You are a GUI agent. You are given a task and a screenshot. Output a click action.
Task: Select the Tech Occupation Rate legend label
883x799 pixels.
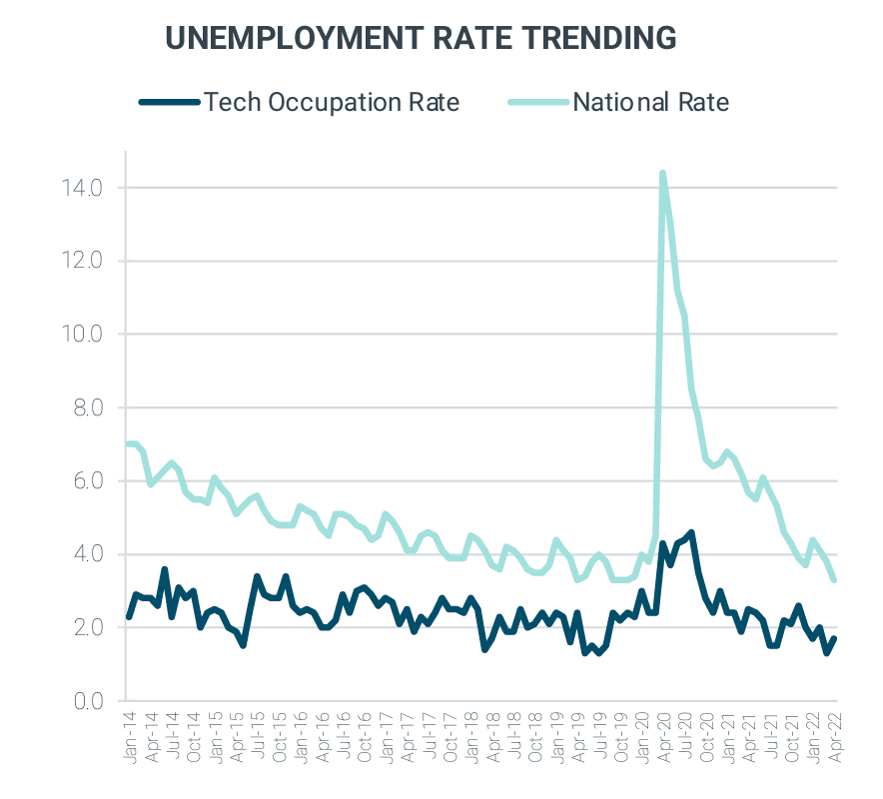coord(333,102)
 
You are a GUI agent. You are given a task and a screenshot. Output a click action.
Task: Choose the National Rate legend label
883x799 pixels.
coord(650,102)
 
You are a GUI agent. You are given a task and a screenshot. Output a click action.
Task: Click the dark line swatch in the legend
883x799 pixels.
coord(169,102)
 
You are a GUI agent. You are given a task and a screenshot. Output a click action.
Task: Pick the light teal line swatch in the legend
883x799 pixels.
coord(537,102)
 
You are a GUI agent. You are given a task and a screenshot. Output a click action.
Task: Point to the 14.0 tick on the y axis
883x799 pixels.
coord(82,188)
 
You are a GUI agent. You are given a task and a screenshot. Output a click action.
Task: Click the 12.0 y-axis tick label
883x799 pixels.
coord(82,262)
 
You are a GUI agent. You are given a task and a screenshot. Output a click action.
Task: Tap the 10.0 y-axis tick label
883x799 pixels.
coord(82,335)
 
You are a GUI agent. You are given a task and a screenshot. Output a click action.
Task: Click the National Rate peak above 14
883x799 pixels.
coord(662,174)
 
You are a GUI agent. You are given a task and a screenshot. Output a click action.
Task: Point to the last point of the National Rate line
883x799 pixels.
coord(833,579)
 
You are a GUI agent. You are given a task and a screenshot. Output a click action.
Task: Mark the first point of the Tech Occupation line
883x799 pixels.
coord(129,617)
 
